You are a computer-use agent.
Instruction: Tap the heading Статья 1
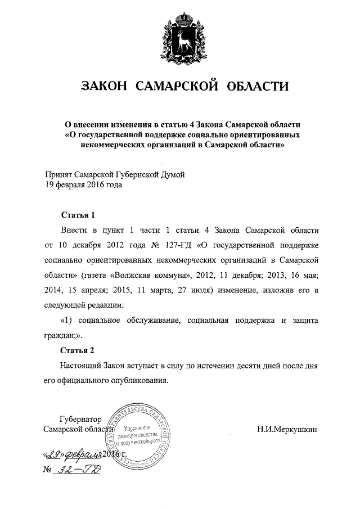tap(74, 215)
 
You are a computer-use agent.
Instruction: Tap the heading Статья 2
tap(74, 350)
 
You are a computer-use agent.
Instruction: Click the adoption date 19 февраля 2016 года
tap(83, 184)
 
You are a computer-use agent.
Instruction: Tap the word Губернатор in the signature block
tap(79, 419)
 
